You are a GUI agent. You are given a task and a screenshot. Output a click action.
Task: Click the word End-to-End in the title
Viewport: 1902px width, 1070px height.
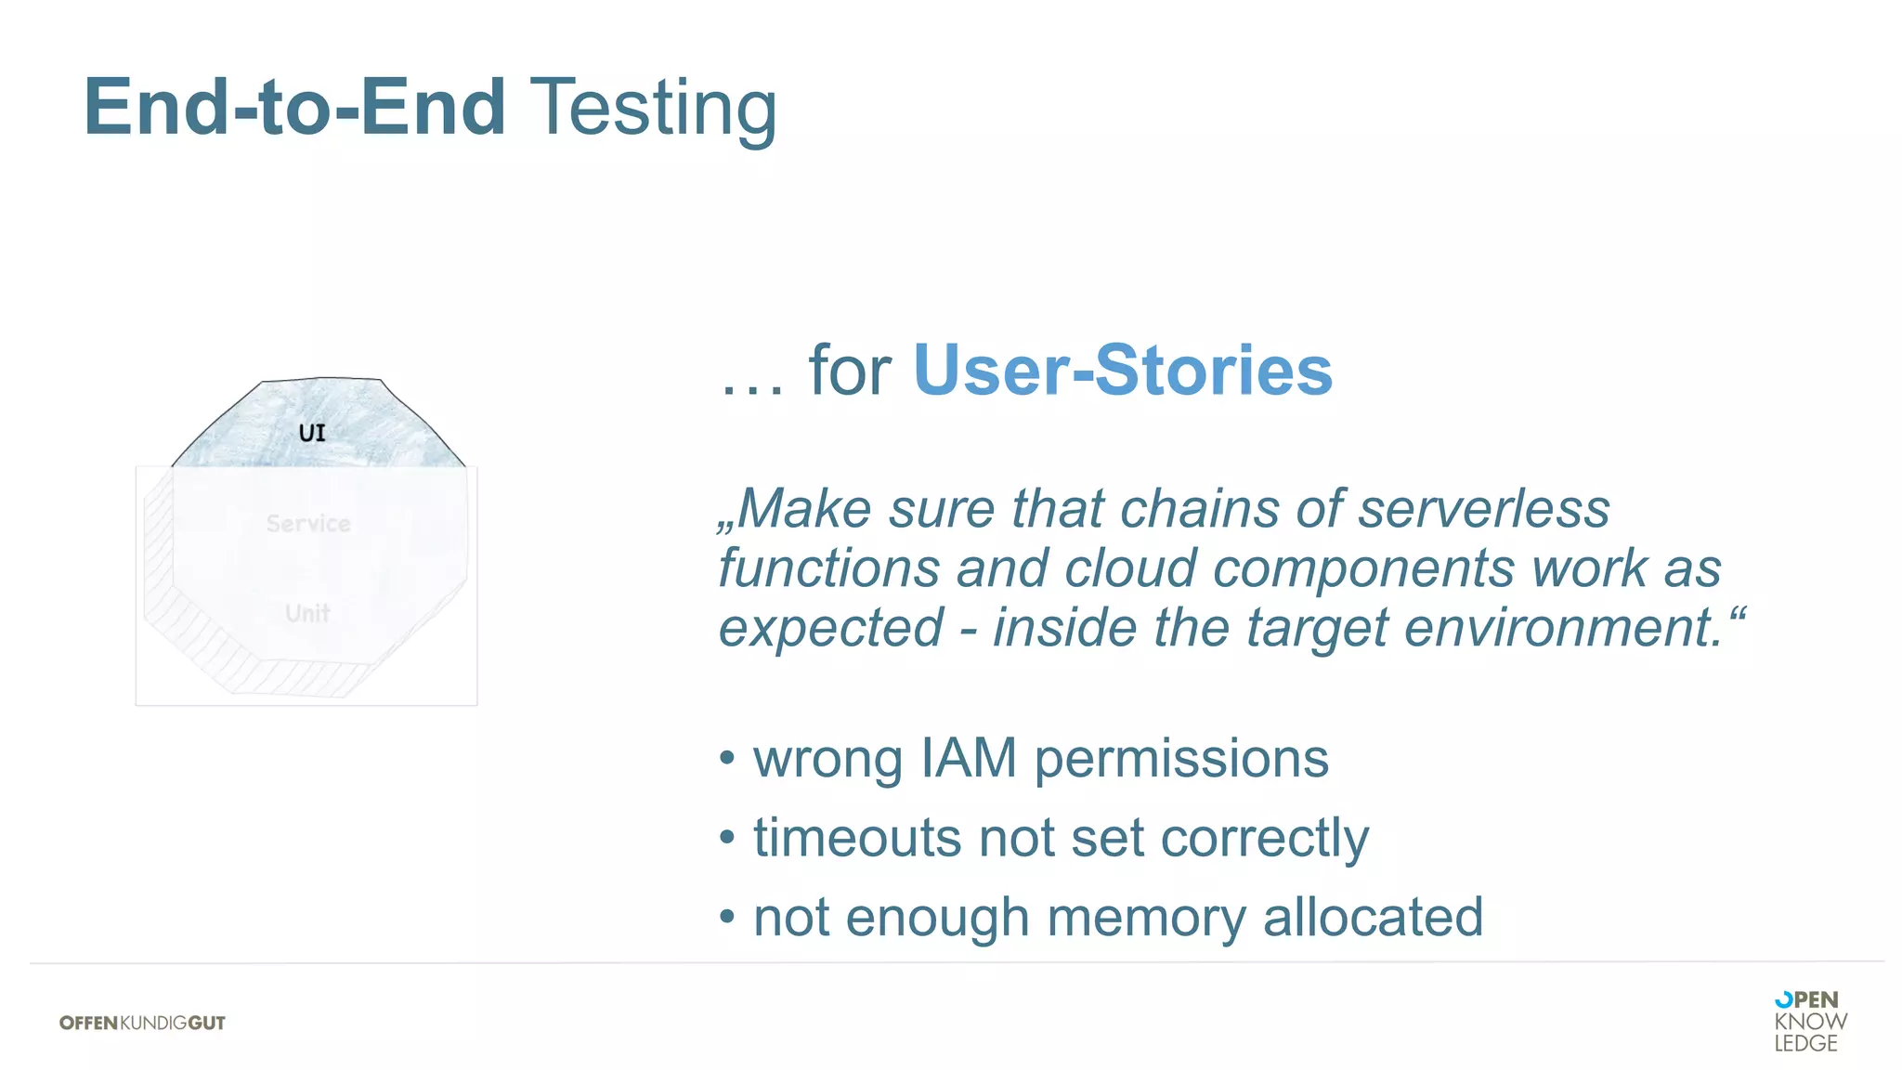coord(294,108)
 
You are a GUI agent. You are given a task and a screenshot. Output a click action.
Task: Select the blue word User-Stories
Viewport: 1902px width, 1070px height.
coord(1122,371)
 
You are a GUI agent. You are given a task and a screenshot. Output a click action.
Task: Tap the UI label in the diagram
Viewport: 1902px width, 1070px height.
coord(312,433)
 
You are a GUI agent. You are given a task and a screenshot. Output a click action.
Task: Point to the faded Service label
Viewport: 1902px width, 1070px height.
coord(308,524)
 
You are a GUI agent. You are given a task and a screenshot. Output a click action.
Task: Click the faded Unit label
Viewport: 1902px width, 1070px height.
coord(307,613)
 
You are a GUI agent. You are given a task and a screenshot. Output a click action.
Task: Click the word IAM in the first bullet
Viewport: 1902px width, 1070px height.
coord(969,758)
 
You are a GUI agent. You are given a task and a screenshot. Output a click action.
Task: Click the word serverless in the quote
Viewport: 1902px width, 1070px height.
coord(1483,509)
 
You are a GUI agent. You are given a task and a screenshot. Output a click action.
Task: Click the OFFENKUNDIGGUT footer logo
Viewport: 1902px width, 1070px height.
coord(142,1023)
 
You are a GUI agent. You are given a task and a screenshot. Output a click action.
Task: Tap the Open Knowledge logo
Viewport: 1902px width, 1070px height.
coord(1809,1021)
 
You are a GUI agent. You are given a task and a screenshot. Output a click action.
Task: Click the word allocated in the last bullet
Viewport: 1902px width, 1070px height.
coord(1372,918)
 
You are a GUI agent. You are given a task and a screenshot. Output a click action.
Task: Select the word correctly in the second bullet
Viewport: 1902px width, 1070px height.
coord(1264,839)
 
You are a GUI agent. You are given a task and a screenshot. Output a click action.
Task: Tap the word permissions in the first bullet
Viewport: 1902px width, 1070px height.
coord(1180,760)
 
